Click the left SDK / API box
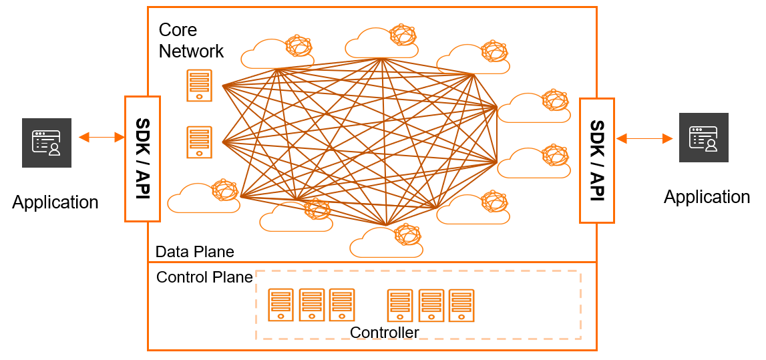click(x=143, y=159)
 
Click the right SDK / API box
click(x=597, y=161)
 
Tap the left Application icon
click(x=47, y=143)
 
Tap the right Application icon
click(x=703, y=138)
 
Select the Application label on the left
click(x=55, y=202)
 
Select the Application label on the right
click(x=707, y=197)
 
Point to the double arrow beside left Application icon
click(x=102, y=138)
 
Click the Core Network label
click(x=191, y=40)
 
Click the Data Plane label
click(x=195, y=252)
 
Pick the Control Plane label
click(x=204, y=277)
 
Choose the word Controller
click(x=385, y=333)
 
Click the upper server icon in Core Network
click(x=199, y=85)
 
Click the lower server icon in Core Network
click(x=199, y=142)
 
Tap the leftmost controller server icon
click(x=281, y=305)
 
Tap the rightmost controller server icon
click(x=461, y=305)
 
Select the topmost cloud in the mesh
click(x=381, y=41)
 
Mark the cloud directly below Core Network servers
click(x=204, y=196)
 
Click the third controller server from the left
click(x=342, y=305)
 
